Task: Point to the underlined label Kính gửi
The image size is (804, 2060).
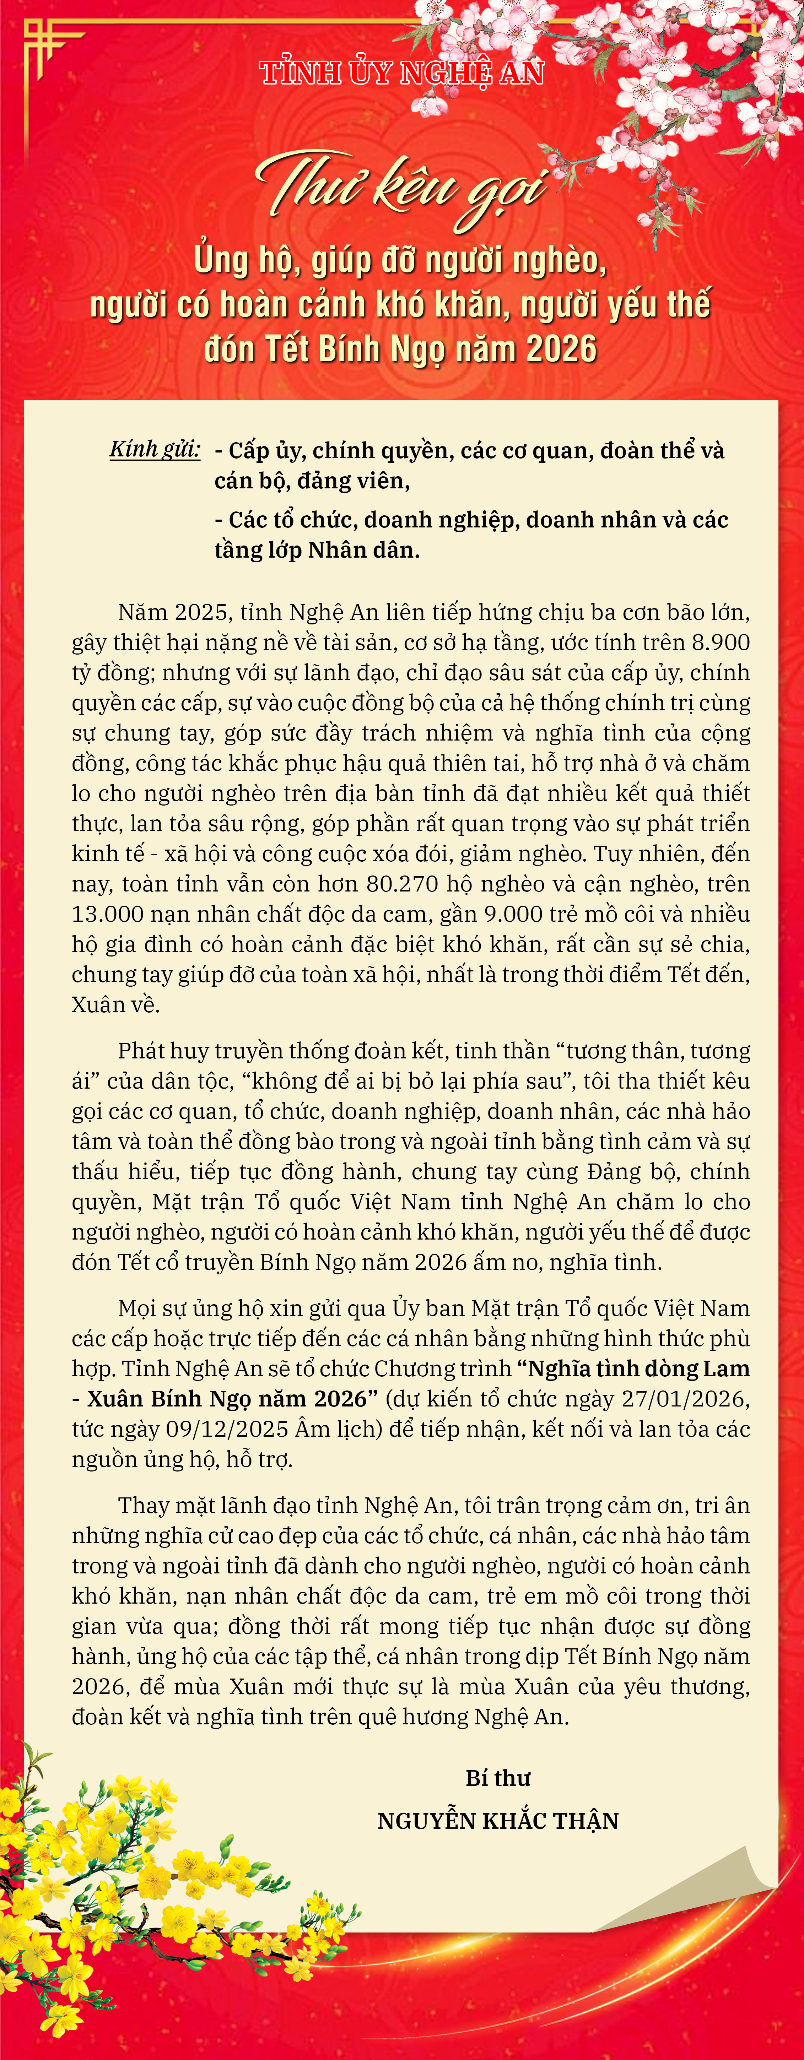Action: click(x=155, y=449)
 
